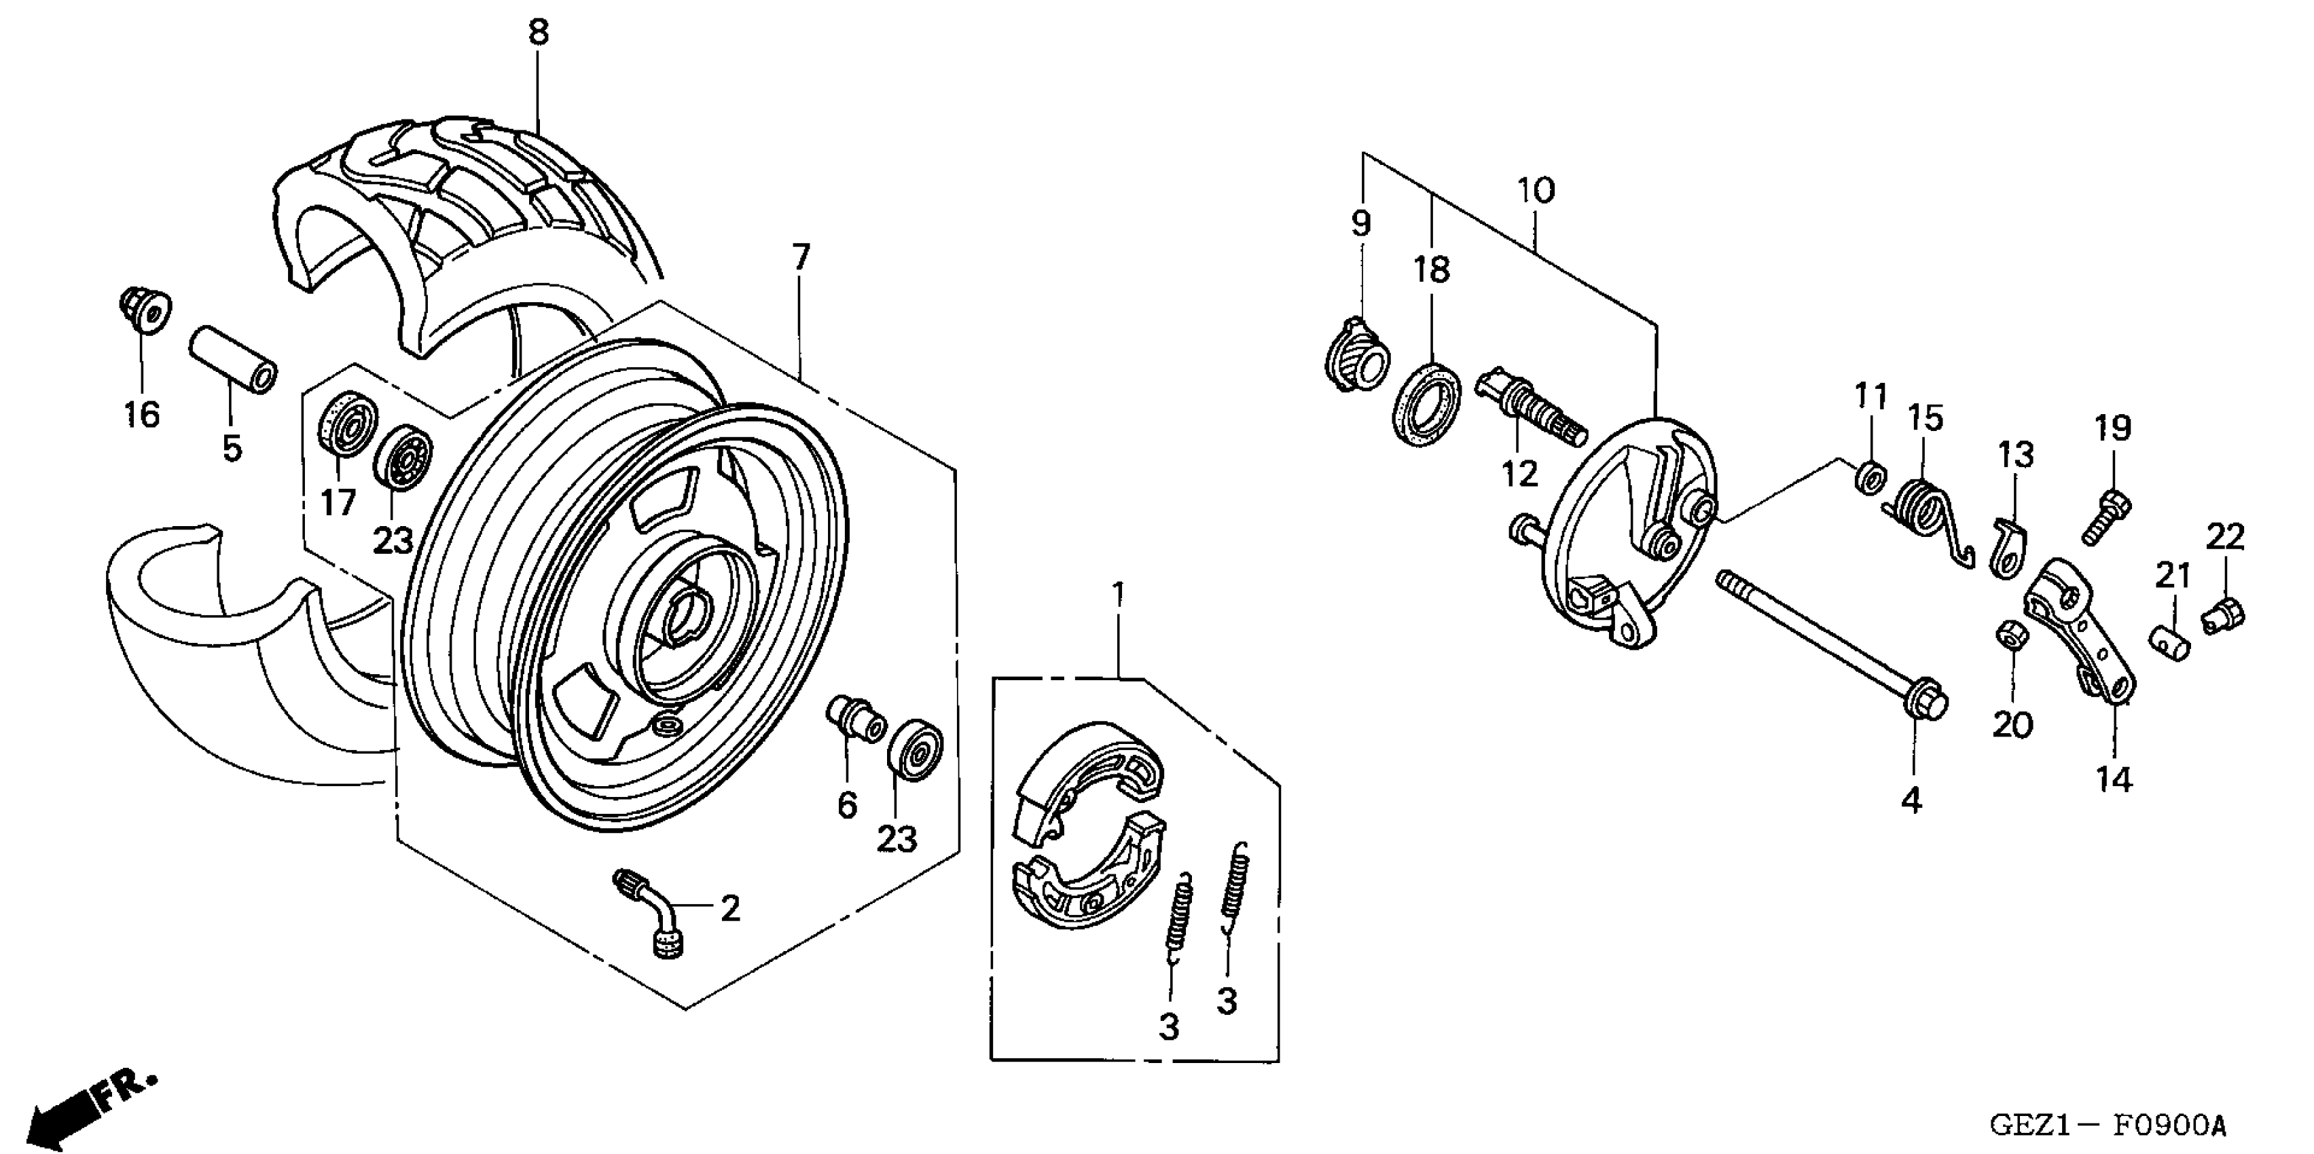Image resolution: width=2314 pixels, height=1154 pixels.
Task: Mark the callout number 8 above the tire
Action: point(537,33)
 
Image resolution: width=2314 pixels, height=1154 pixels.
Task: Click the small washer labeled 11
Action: point(1869,475)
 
